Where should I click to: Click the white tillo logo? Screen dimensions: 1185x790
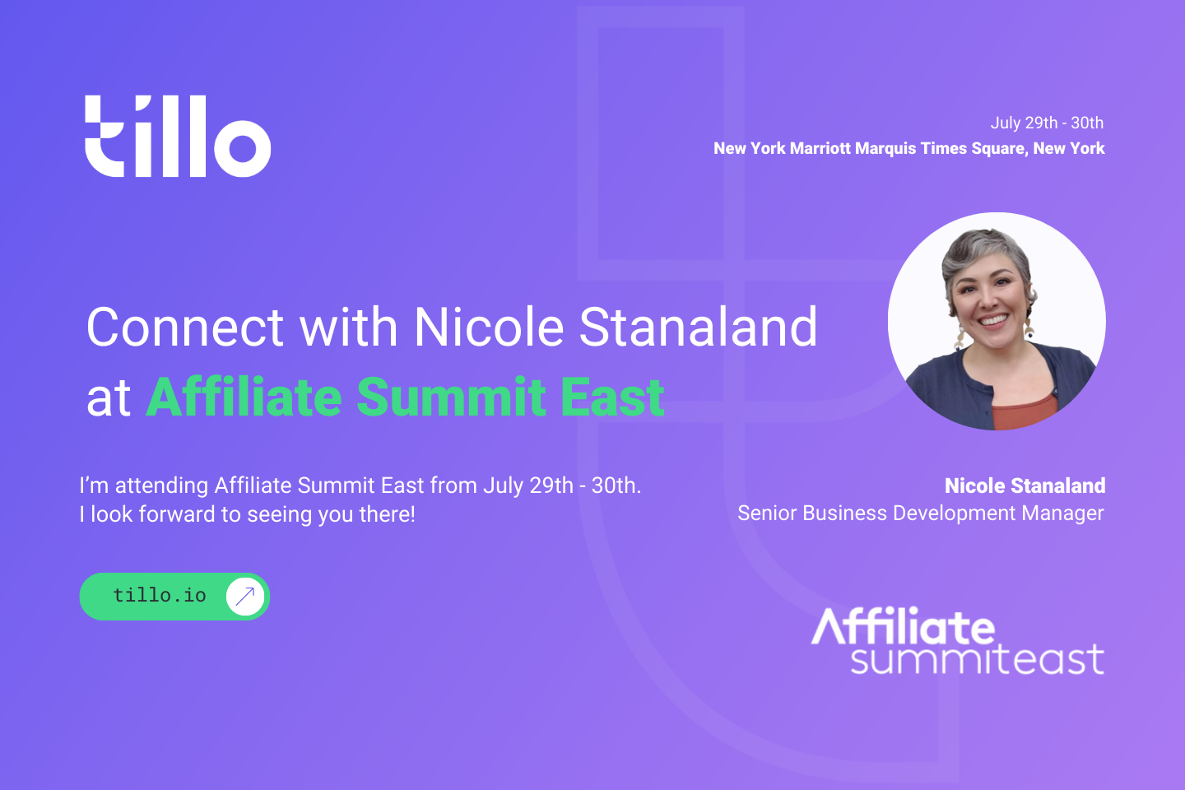[x=178, y=136]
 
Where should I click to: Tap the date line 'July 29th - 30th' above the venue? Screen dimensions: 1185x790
[x=1047, y=123]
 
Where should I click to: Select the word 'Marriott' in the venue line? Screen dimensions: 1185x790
[x=820, y=148]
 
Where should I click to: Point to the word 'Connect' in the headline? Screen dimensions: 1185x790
[x=186, y=328]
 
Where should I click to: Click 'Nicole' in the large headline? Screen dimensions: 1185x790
[x=489, y=327]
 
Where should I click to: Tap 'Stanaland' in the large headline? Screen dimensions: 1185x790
[x=699, y=327]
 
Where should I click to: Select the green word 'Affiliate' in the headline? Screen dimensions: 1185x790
[x=244, y=396]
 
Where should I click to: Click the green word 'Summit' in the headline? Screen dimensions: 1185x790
[x=452, y=397]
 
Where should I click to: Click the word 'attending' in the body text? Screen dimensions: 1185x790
[x=161, y=486]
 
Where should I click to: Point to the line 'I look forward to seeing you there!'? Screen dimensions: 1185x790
[x=247, y=514]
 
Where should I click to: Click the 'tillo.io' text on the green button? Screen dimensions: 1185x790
[x=160, y=596]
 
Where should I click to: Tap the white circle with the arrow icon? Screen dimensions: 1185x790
[x=245, y=597]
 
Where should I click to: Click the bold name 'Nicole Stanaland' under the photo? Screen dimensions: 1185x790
[x=1025, y=486]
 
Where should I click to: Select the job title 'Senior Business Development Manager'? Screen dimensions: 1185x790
[x=921, y=513]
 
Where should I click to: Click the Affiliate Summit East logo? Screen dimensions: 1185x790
[x=958, y=641]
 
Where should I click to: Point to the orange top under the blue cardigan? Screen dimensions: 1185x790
[x=1025, y=413]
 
